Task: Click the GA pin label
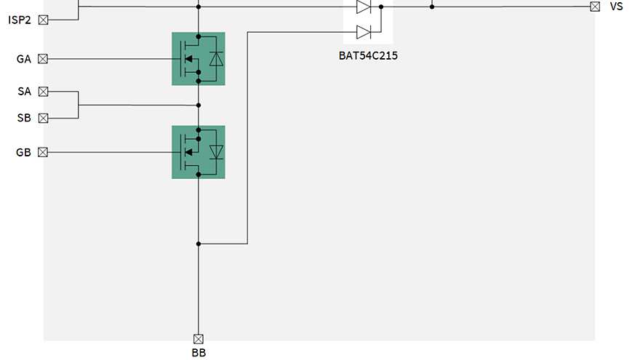pos(23,59)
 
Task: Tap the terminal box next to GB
pos(43,152)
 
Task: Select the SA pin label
pos(24,92)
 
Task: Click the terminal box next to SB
pos(43,118)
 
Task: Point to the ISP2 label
pos(20,20)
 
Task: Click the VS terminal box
pos(595,7)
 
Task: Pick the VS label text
pos(616,7)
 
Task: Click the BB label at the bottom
pos(198,353)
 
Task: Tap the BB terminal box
pos(198,338)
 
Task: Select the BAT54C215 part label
pos(368,55)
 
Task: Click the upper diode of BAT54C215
pos(364,7)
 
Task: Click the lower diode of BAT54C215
pos(364,31)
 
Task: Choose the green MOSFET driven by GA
pos(198,59)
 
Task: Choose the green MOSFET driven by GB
pos(198,152)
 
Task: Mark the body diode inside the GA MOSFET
pos(215,59)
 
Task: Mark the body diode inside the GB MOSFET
pos(215,152)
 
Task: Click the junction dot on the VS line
pos(432,7)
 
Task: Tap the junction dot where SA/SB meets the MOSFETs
pos(198,105)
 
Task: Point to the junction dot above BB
pos(198,244)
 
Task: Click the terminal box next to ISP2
pos(43,20)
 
